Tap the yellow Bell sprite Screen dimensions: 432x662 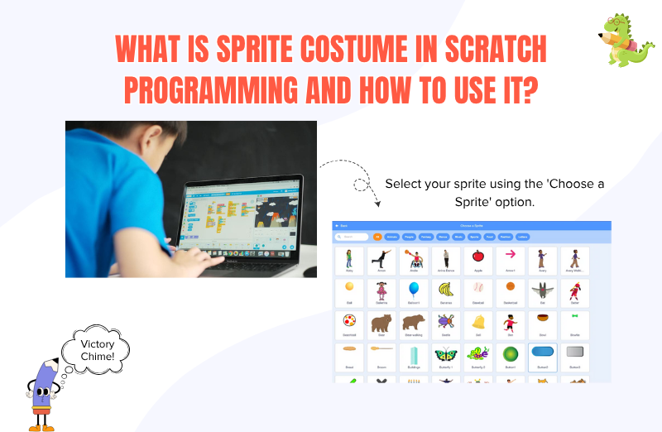(477, 324)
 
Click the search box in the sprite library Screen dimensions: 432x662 (352, 237)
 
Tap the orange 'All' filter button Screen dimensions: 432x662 (377, 237)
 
